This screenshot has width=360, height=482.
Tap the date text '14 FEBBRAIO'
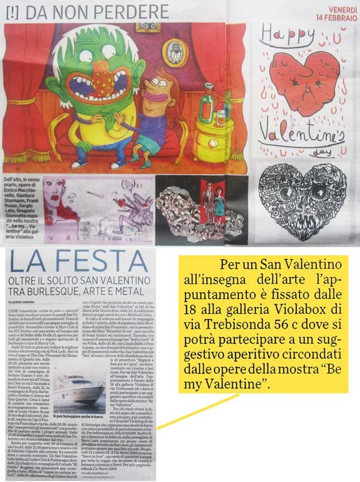336,18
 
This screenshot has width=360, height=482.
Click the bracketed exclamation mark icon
12,11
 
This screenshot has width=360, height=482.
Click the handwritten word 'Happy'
284,37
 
